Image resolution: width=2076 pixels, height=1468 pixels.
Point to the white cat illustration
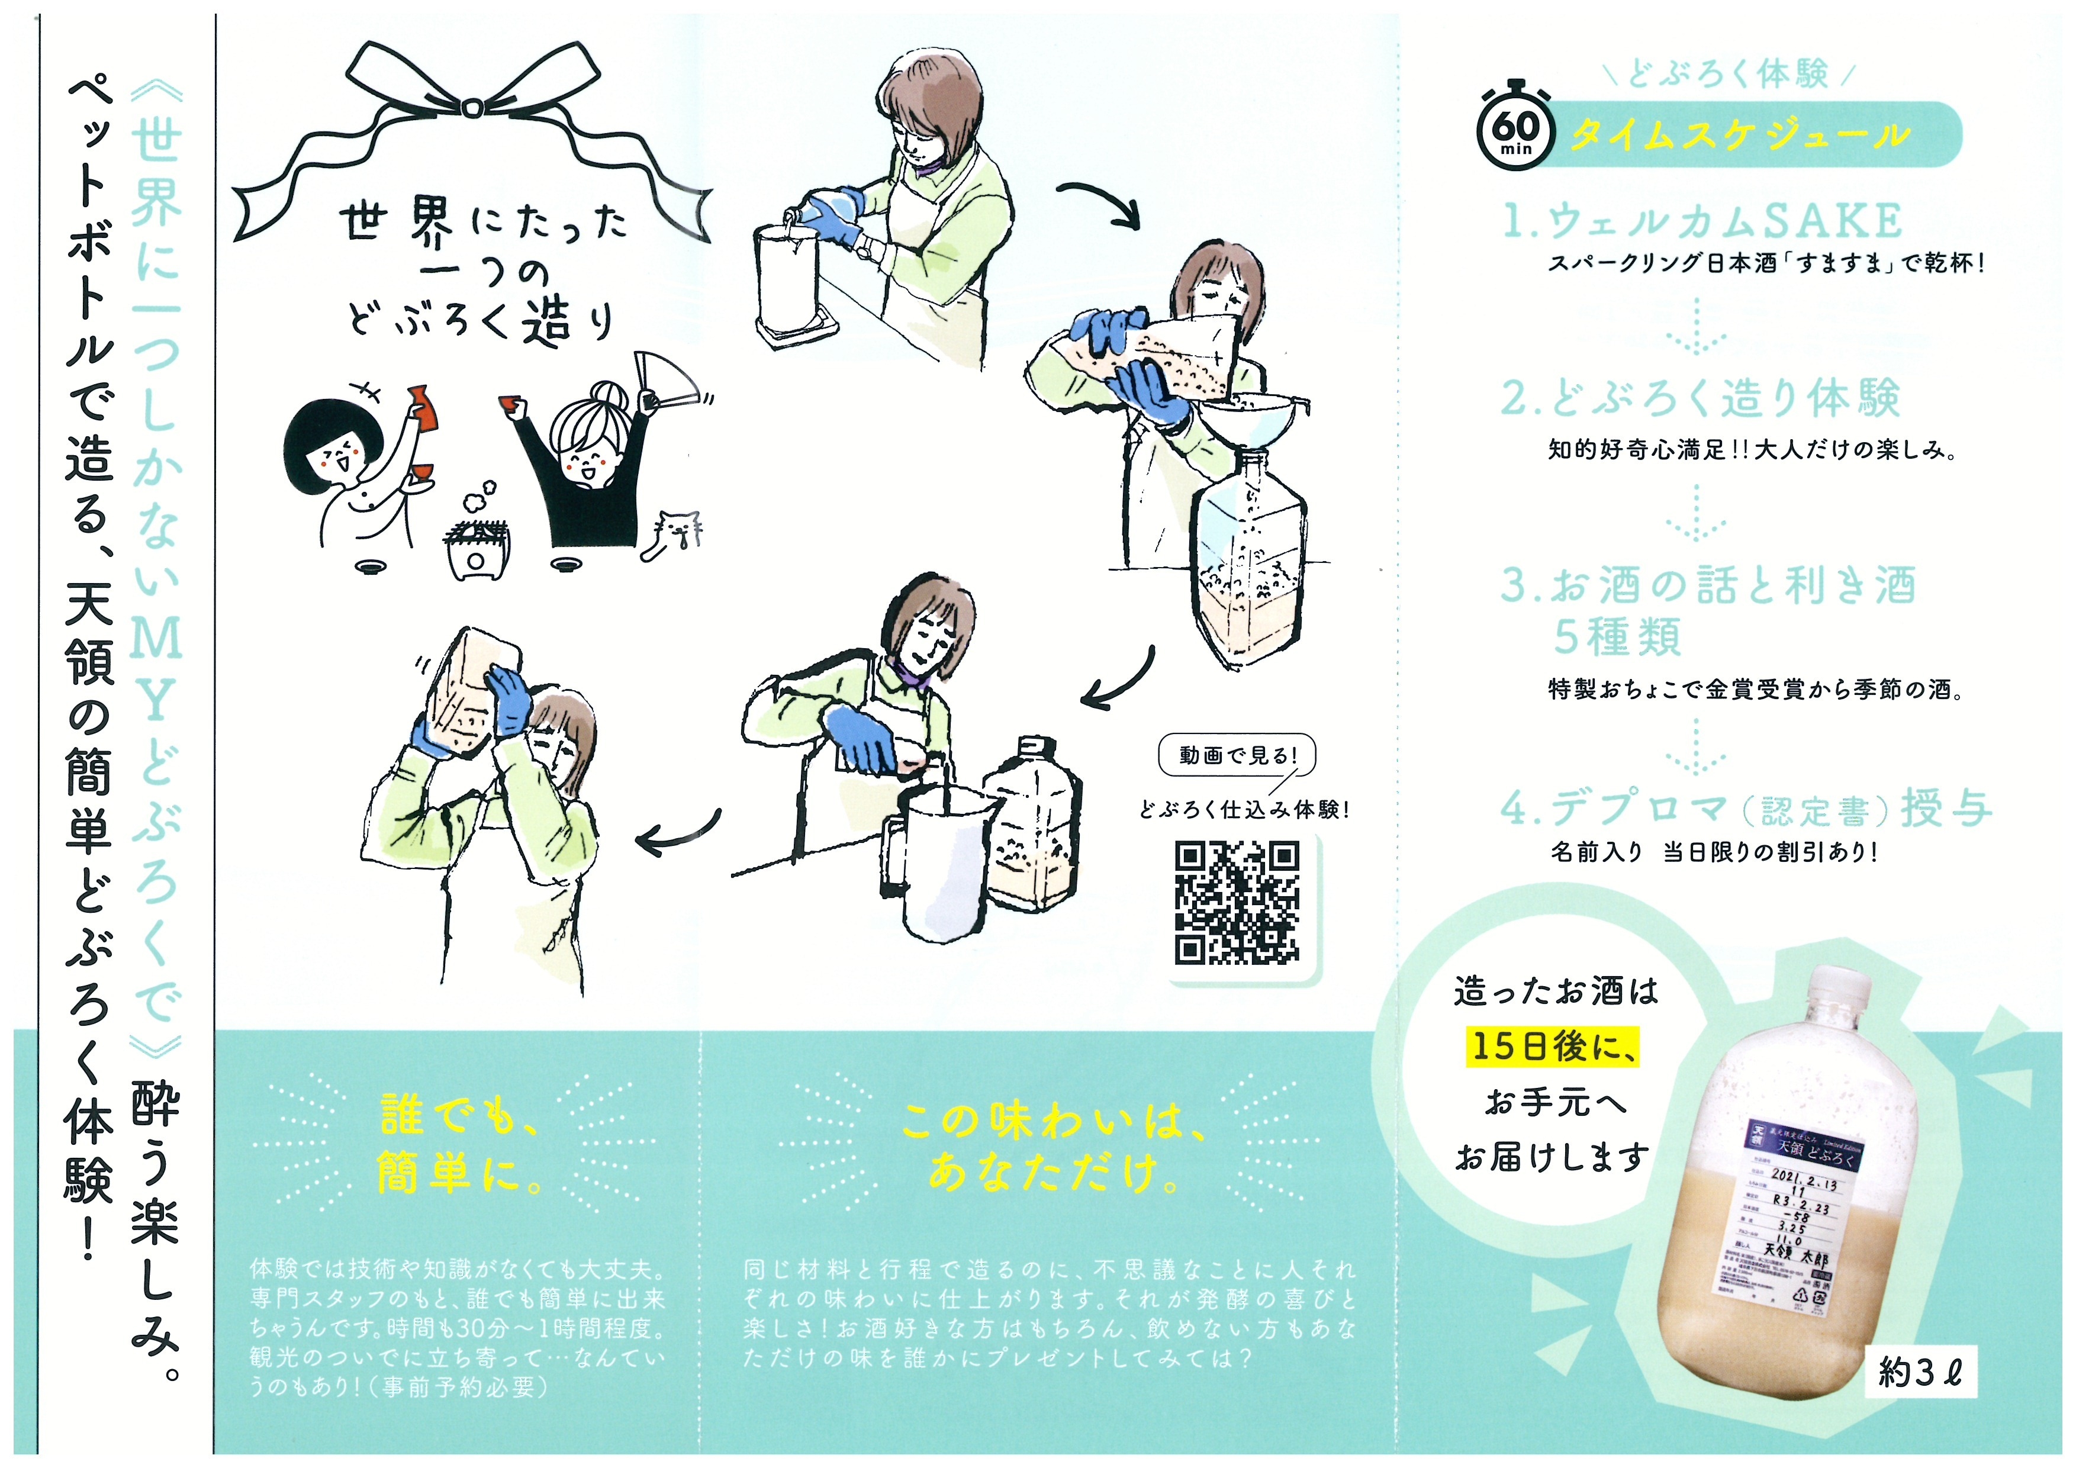click(674, 535)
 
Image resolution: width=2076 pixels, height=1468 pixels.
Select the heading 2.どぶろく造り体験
click(1700, 398)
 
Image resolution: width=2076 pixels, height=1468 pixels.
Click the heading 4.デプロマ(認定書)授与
click(1745, 807)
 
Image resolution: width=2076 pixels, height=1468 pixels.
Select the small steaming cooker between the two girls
click(477, 549)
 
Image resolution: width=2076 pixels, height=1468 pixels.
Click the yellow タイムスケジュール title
click(1740, 136)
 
